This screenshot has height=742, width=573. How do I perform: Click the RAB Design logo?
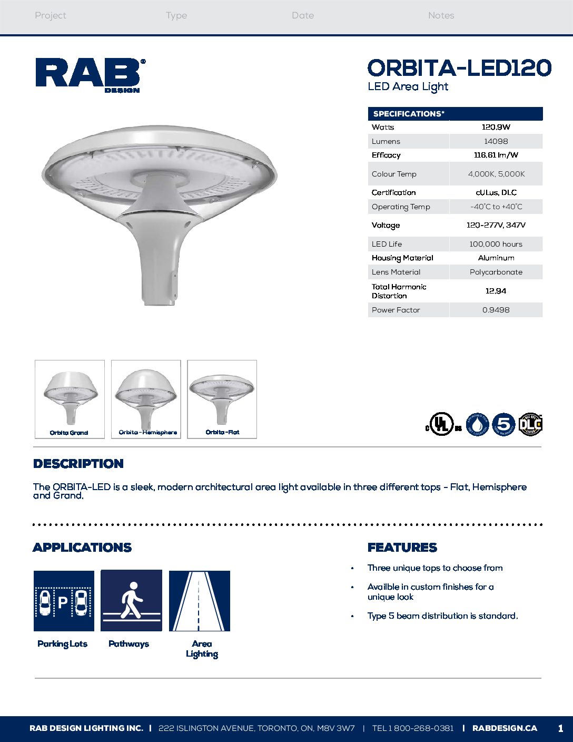coord(90,75)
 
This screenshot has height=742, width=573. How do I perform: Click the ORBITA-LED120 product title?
coord(459,68)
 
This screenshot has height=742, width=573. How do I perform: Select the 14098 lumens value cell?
coord(496,141)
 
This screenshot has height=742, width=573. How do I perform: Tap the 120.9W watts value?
coord(496,127)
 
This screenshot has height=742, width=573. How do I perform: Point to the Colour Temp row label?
coord(394,174)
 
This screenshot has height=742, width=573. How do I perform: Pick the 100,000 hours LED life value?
coord(496,244)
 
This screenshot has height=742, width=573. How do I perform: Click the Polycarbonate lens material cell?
coord(496,272)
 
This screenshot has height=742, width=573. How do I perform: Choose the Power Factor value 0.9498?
coord(496,310)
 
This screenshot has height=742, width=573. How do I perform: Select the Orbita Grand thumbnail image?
coord(70,399)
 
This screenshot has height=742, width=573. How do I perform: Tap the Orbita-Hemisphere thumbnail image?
coord(146,399)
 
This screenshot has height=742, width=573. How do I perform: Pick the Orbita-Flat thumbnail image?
coord(222,399)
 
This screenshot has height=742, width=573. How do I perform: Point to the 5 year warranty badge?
coord(503,425)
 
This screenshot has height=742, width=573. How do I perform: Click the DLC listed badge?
coord(530,425)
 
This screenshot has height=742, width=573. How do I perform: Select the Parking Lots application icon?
coord(64,601)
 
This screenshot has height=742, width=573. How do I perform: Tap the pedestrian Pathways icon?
coord(131,601)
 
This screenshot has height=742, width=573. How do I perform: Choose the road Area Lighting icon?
coord(199,601)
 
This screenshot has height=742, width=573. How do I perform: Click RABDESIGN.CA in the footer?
coord(505,728)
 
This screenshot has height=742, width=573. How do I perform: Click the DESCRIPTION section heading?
coord(78,464)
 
